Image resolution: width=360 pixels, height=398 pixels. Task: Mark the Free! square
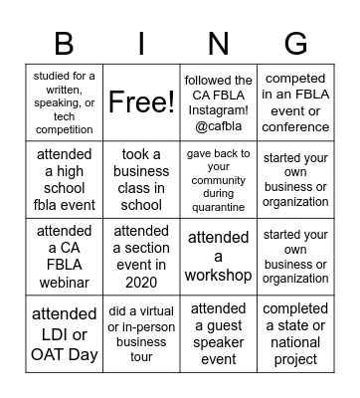[141, 102]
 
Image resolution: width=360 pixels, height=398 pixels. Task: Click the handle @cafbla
[218, 126]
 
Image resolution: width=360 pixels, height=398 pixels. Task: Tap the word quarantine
[218, 207]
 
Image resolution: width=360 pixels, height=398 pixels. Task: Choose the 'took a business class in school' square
[141, 180]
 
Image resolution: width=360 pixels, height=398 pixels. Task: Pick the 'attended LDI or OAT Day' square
[65, 332]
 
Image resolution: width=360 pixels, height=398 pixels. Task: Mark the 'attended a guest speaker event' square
[219, 332]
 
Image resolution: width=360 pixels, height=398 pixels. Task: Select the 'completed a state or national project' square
[295, 332]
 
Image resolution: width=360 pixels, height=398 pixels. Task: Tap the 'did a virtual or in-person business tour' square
[141, 332]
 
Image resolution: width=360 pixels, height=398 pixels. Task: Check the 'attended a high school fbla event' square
[65, 180]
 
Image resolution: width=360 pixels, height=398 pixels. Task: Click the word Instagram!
[218, 110]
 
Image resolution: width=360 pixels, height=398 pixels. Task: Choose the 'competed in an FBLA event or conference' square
[295, 102]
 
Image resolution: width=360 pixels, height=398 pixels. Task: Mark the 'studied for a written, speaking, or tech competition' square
[65, 102]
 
